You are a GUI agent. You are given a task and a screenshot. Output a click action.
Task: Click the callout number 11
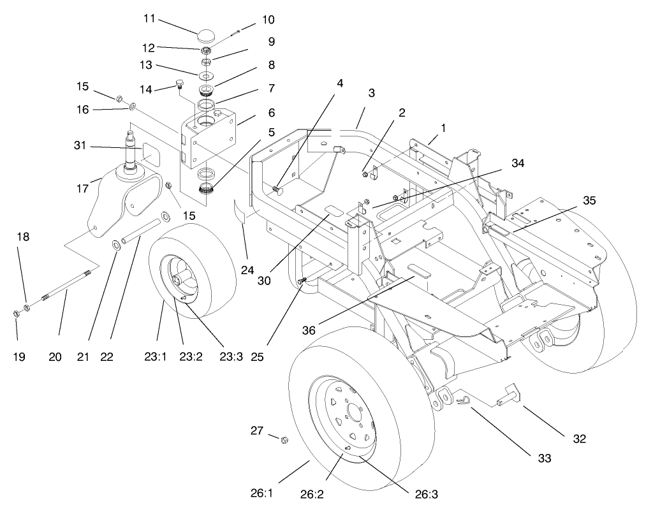[149, 18]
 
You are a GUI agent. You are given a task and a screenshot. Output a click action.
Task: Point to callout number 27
[256, 432]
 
